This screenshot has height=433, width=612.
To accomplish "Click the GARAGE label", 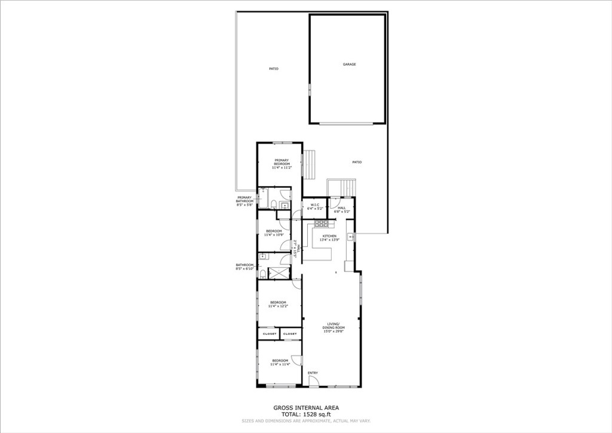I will (x=349, y=65).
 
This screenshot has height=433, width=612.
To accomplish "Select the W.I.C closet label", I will (x=315, y=205).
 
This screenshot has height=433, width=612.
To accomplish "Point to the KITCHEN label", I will (x=330, y=236).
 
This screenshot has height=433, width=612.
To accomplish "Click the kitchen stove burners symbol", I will (x=322, y=224).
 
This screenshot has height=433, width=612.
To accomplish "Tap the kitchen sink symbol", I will (x=351, y=237).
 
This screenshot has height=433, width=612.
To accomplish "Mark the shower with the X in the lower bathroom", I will (x=278, y=273).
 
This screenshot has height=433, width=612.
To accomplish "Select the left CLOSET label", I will (x=268, y=334).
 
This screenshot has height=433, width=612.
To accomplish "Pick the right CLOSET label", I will (x=290, y=334).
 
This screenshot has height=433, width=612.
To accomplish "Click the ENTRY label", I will (x=313, y=373).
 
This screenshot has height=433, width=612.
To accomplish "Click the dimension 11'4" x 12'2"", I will (x=279, y=306).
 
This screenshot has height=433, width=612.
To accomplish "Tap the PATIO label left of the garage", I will (x=273, y=69).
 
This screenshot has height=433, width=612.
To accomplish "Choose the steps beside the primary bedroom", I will (x=309, y=164).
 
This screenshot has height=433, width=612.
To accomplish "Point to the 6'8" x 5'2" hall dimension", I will (x=342, y=211).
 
